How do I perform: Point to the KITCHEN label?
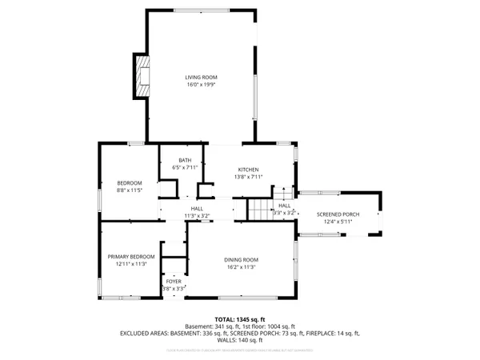249,170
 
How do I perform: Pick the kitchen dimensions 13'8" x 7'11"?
249,177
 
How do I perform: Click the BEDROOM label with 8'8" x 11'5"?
130,183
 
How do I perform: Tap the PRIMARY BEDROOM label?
130,257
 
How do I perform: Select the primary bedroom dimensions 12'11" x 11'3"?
130,264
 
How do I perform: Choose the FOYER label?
174,282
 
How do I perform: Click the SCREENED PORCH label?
338,214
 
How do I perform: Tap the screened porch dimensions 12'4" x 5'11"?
338,222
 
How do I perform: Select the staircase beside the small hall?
258,210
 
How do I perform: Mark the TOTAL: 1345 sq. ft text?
240,319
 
